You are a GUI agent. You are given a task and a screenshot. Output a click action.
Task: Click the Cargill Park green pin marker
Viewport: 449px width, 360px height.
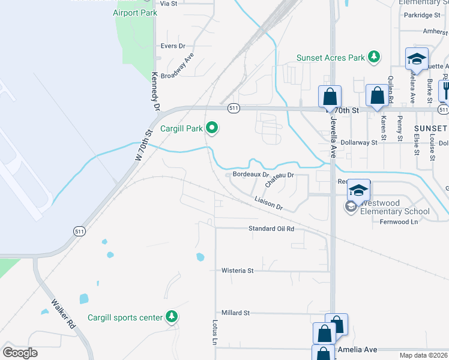coord(211,128)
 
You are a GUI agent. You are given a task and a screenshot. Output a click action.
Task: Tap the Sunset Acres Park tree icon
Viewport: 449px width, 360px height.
coord(375,58)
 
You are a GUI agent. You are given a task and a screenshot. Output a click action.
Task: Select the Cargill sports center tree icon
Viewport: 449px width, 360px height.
coord(172,317)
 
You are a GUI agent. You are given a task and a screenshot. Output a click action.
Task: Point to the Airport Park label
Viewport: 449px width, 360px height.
coord(135,13)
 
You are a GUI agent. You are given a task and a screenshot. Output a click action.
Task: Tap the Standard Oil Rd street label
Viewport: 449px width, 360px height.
coord(272,229)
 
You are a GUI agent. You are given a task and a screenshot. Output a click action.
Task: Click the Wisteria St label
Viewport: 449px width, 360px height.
coord(238,271)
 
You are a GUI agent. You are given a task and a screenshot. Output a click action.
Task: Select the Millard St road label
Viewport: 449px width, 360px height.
coord(235,313)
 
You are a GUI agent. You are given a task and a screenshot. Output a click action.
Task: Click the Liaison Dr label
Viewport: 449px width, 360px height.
coord(268,204)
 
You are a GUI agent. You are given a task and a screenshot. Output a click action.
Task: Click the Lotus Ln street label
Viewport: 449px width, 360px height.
coord(214,332)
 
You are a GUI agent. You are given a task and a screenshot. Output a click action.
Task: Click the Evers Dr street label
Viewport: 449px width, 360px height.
coord(173,46)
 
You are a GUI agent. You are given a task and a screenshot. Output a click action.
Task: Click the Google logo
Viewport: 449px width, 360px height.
coord(20,353)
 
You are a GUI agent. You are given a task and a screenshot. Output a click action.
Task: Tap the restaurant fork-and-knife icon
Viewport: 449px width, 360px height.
coord(445,90)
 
